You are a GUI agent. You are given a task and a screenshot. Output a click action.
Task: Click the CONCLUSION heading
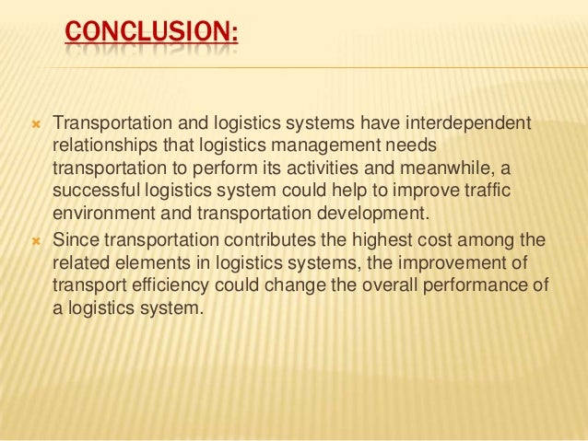click(151, 34)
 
